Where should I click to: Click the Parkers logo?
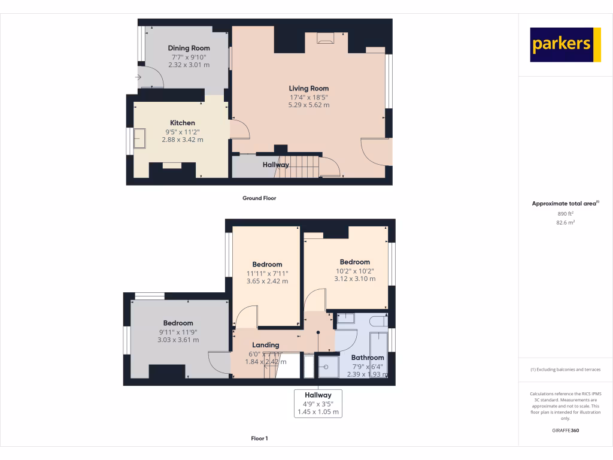pyautogui.click(x=565, y=44)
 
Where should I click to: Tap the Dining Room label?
pyautogui.click(x=189, y=48)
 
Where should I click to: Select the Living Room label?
pyautogui.click(x=308, y=89)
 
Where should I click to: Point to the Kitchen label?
pyautogui.click(x=182, y=123)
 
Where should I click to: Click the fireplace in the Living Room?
pyautogui.click(x=325, y=40)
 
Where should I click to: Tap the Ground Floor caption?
pyautogui.click(x=259, y=198)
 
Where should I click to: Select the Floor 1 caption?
pyautogui.click(x=259, y=438)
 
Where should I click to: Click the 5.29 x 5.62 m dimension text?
pyautogui.click(x=308, y=105)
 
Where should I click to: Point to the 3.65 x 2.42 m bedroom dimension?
pyautogui.click(x=267, y=281)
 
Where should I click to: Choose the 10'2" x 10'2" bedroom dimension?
pyautogui.click(x=354, y=271)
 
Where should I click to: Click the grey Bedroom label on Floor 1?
pyautogui.click(x=178, y=323)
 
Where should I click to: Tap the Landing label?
pyautogui.click(x=265, y=345)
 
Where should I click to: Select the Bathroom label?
pyautogui.click(x=368, y=358)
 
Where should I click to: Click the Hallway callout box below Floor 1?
pyautogui.click(x=318, y=403)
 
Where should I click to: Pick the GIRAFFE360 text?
pyautogui.click(x=565, y=430)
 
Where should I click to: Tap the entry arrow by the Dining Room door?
pyautogui.click(x=138, y=77)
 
